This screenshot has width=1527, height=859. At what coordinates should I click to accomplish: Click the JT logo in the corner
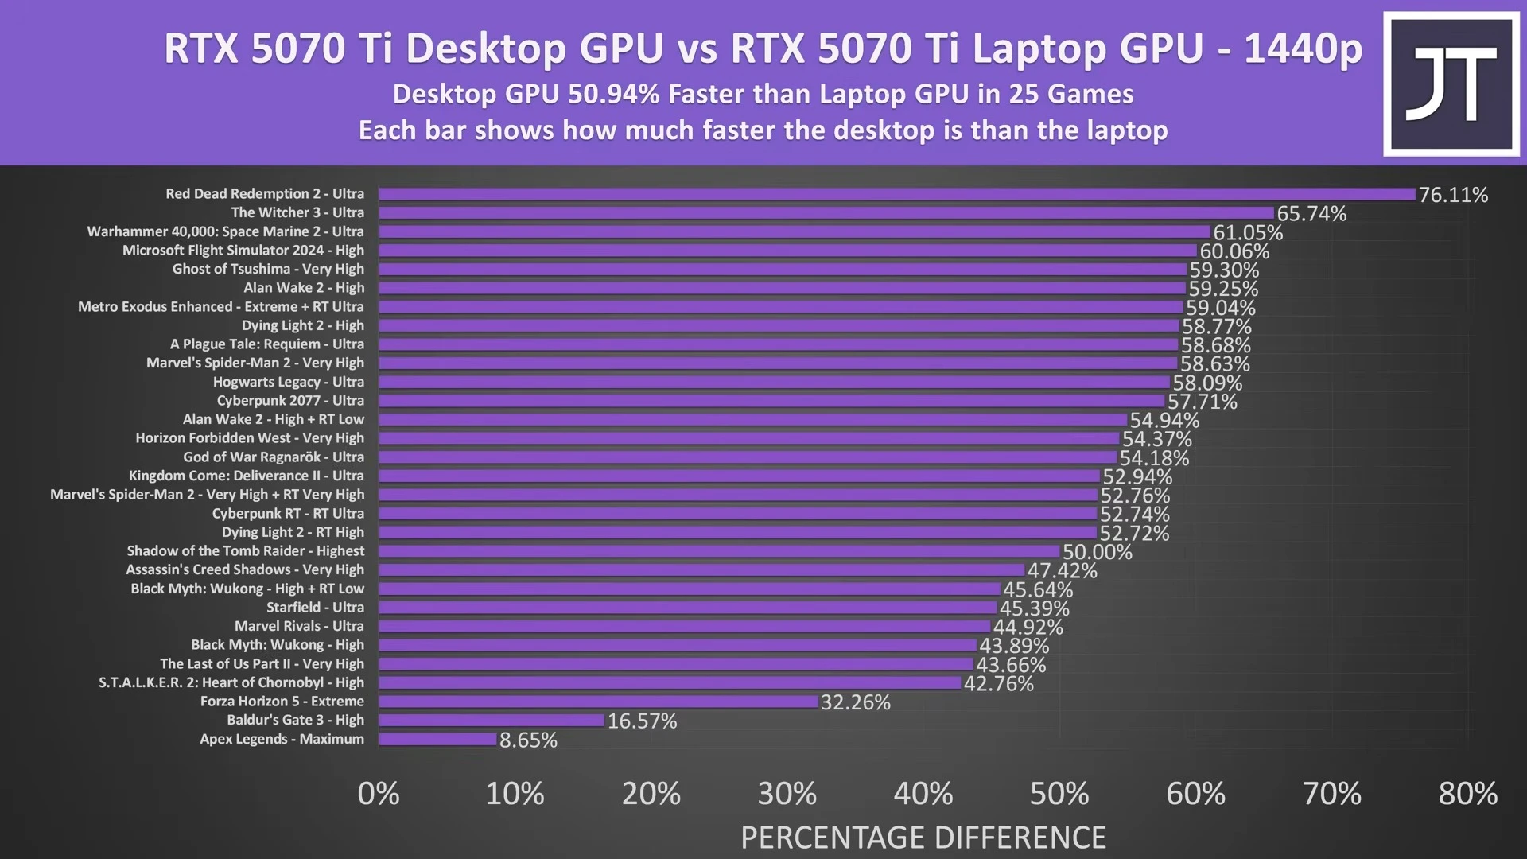pyautogui.click(x=1451, y=84)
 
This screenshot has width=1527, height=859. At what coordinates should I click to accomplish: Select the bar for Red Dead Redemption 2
pyautogui.click(x=896, y=194)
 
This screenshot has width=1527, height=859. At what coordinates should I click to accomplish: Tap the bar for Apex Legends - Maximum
pyautogui.click(x=437, y=739)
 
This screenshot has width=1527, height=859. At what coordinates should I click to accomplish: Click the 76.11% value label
pyautogui.click(x=1453, y=195)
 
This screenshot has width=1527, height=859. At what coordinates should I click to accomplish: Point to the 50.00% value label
pyautogui.click(x=1097, y=552)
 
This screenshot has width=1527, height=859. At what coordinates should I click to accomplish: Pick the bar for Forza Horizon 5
pyautogui.click(x=598, y=702)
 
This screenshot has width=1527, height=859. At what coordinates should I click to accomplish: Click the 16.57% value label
pyautogui.click(x=642, y=721)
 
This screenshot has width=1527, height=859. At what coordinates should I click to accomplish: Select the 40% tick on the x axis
pyautogui.click(x=923, y=794)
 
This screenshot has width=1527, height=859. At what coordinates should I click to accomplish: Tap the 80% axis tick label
pyautogui.click(x=1467, y=794)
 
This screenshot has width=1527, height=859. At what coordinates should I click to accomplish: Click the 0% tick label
pyautogui.click(x=379, y=794)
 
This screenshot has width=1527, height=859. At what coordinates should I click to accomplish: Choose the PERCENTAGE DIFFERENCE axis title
pyautogui.click(x=923, y=838)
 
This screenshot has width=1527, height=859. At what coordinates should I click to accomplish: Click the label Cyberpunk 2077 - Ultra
pyautogui.click(x=290, y=401)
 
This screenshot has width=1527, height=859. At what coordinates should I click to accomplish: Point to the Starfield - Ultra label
pyautogui.click(x=315, y=608)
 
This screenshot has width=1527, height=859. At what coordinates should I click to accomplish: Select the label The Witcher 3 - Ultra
pyautogui.click(x=297, y=212)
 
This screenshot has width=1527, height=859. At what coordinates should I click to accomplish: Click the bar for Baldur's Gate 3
pyautogui.click(x=492, y=721)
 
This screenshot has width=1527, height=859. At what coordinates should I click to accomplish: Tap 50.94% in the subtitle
pyautogui.click(x=614, y=94)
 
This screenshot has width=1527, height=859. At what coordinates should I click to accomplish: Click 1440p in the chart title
pyautogui.click(x=1302, y=49)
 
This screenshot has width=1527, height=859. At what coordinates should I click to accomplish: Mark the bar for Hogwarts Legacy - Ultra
pyautogui.click(x=774, y=382)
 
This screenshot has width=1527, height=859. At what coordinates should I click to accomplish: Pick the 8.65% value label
pyautogui.click(x=528, y=740)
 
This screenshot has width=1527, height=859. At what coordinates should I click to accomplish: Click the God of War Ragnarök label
pyautogui.click(x=274, y=457)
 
